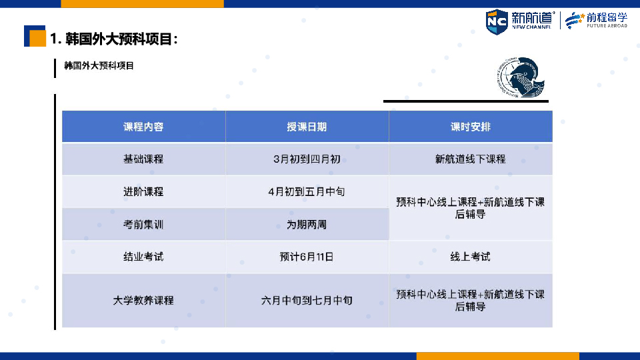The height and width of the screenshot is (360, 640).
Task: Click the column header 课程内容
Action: click(143, 127)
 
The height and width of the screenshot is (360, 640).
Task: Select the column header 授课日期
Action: click(307, 127)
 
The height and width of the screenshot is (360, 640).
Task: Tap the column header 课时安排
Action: click(470, 127)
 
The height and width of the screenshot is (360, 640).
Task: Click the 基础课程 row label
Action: click(143, 159)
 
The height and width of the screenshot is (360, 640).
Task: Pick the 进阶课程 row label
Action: click(143, 192)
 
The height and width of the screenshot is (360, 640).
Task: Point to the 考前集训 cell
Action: click(143, 225)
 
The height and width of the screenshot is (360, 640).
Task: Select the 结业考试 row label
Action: click(143, 257)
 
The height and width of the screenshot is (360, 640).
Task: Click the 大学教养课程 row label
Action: click(143, 301)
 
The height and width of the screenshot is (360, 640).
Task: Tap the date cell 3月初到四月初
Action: click(307, 159)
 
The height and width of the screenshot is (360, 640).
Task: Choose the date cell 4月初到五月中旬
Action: click(307, 192)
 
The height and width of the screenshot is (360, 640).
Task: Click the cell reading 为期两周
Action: click(307, 225)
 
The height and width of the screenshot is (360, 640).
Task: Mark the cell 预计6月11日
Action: click(307, 257)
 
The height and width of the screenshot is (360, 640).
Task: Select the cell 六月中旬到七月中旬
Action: click(307, 301)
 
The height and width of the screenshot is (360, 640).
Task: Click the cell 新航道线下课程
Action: click(470, 159)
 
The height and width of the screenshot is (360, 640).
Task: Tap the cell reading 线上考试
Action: click(470, 257)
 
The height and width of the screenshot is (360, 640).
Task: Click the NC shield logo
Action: click(497, 21)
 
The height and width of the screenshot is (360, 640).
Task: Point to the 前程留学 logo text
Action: click(607, 18)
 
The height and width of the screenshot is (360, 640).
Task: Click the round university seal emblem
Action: click(521, 77)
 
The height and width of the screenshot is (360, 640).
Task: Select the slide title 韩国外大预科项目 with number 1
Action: click(114, 39)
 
